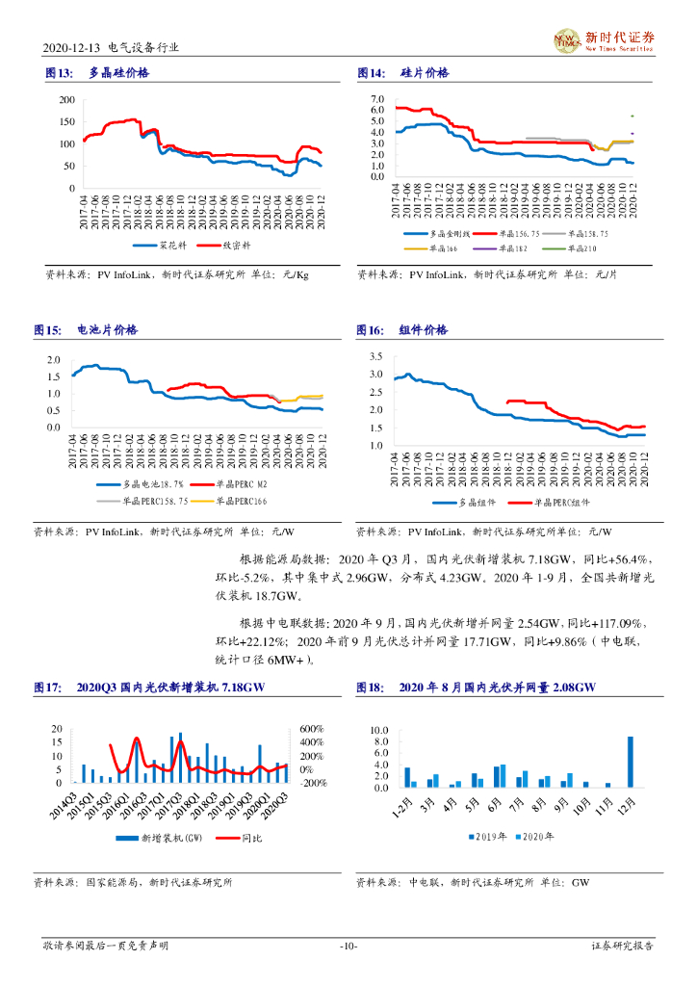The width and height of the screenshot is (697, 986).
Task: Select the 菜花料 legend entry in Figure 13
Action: (161, 246)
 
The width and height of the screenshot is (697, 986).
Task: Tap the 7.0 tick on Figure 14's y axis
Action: (376, 99)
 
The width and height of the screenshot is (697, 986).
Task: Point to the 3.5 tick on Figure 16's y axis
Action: (376, 356)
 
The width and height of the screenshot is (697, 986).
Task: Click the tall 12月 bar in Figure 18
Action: (631, 762)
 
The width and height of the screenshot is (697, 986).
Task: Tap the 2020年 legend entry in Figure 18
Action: (533, 838)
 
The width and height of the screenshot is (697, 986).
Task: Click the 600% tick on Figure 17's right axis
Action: (310, 728)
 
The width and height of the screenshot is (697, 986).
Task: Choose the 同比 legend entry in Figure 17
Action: (240, 840)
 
